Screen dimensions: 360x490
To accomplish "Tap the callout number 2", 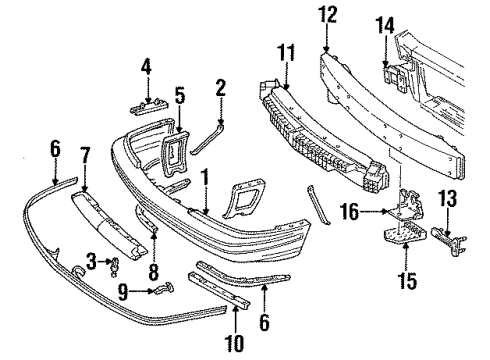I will click(x=219, y=90).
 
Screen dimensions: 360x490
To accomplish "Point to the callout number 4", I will click(x=146, y=68).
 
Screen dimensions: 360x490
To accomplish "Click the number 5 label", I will click(x=181, y=98).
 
